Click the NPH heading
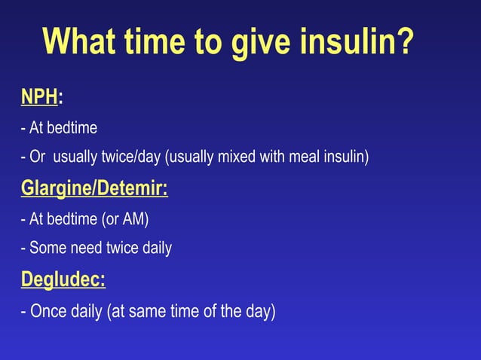tap(39, 97)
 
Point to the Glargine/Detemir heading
tap(94, 188)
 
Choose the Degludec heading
tap(63, 279)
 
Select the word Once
tap(48, 310)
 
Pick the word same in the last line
tap(149, 310)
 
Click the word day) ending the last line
tap(261, 310)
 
